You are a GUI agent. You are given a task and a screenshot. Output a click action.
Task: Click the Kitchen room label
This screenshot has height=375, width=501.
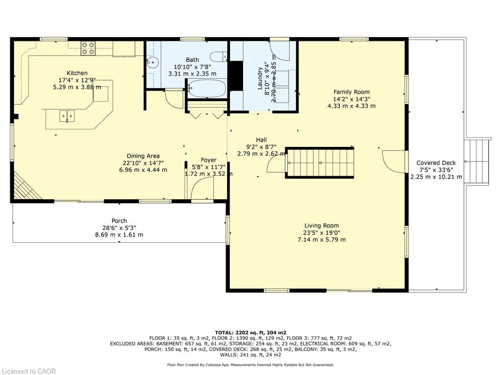click(77, 73)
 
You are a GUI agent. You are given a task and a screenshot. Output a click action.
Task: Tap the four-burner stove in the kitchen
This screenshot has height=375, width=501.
click(88, 48)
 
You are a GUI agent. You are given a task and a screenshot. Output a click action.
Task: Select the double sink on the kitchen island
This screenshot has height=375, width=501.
click(67, 116)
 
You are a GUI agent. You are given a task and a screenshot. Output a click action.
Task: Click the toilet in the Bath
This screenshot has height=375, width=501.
click(219, 57)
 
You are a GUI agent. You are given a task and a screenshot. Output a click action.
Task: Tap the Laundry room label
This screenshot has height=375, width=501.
click(260, 78)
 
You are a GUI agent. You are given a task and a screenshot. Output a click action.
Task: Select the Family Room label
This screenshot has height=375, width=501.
click(351, 92)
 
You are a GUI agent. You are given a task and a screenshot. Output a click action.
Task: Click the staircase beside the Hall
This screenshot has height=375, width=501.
click(319, 163)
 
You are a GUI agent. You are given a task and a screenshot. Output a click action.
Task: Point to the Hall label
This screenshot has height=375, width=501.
click(261, 140)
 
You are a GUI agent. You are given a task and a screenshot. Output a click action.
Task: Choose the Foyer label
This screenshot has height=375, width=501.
click(208, 160)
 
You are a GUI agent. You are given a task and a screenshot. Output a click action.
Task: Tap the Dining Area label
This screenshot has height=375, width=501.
click(143, 156)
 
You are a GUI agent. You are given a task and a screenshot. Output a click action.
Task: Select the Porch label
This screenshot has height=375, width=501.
click(119, 221)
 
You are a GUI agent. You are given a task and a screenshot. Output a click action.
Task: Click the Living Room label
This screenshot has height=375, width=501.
click(321, 226)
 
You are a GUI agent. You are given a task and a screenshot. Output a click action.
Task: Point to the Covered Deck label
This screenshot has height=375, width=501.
click(436, 163)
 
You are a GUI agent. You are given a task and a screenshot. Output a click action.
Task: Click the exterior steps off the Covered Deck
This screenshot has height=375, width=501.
click(478, 162)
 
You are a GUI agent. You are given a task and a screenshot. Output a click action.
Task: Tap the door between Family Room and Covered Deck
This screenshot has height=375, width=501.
click(394, 162)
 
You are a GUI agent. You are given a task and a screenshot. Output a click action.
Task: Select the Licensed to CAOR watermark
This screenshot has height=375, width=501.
click(28, 371)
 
